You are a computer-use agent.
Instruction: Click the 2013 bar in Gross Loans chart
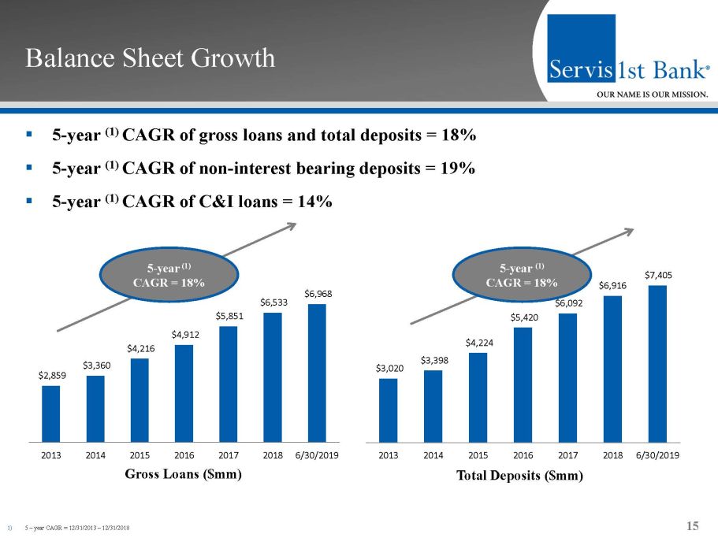tap(50, 414)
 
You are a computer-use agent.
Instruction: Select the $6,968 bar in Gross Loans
tap(317, 373)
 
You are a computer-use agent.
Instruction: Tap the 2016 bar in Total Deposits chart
tap(523, 384)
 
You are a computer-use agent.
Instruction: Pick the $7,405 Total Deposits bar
tap(657, 363)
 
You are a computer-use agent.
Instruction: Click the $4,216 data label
tap(140, 347)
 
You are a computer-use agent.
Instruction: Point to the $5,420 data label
tap(523, 317)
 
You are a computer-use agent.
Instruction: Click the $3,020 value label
tap(388, 367)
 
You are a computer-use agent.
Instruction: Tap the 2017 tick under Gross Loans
tap(229, 455)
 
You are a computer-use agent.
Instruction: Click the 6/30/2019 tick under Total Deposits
tap(657, 455)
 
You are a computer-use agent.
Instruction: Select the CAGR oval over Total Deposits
tap(522, 274)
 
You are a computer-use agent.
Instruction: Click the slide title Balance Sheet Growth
tap(150, 58)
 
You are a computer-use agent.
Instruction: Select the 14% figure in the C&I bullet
tap(314, 202)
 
